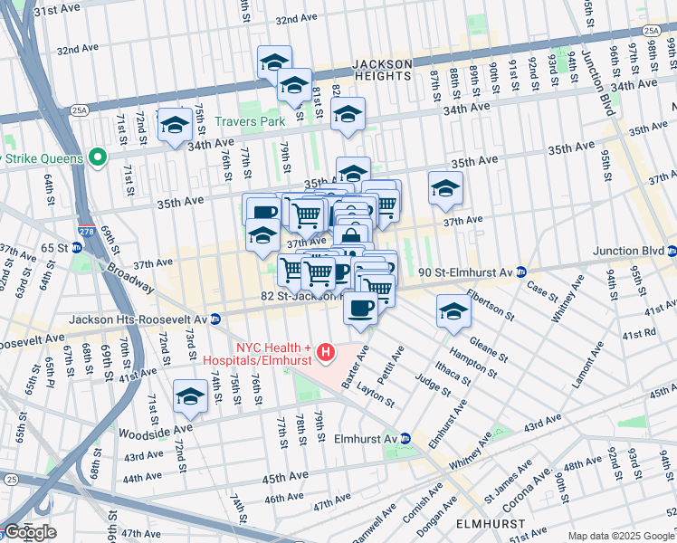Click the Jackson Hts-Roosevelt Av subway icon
coord(215,319)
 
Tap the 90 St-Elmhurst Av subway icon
coord(522,271)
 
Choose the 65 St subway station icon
coord(80,247)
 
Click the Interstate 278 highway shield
coord(87,232)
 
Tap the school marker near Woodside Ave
coord(190,395)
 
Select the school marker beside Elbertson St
coord(453,311)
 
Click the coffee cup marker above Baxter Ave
coord(360,308)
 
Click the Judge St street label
coord(432,385)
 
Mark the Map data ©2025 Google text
coord(620,536)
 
